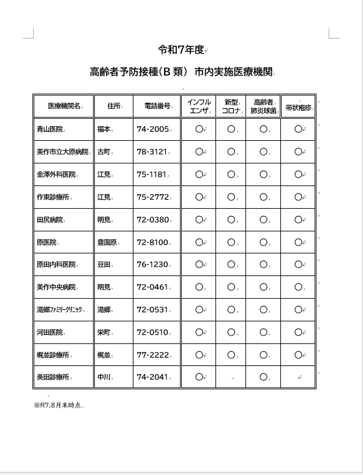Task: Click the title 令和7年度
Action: pyautogui.click(x=181, y=50)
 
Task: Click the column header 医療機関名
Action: pyautogui.click(x=64, y=106)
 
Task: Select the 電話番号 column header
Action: pyautogui.click(x=157, y=106)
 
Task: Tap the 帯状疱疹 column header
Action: pyautogui.click(x=298, y=107)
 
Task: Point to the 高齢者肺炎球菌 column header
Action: pyautogui.click(x=263, y=106)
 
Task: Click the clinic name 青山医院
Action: pyautogui.click(x=50, y=129)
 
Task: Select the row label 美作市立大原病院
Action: pyautogui.click(x=62, y=152)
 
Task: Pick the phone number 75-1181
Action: pyautogui.click(x=151, y=174)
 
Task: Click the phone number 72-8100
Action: pyautogui.click(x=152, y=242)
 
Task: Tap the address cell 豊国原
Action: pyautogui.click(x=107, y=242)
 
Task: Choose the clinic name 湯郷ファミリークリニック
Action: pyautogui.click(x=59, y=310)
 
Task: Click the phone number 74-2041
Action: pyautogui.click(x=152, y=377)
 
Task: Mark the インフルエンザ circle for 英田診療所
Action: pyautogui.click(x=199, y=377)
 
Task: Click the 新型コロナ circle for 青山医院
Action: pyautogui.click(x=231, y=129)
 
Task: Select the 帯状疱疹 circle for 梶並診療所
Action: pyautogui.click(x=298, y=354)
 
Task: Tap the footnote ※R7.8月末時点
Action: pyautogui.click(x=58, y=405)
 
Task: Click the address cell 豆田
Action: pyautogui.click(x=103, y=265)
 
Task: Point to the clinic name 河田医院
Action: pyautogui.click(x=50, y=333)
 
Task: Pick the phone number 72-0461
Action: pyautogui.click(x=152, y=287)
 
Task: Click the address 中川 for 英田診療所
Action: pyautogui.click(x=103, y=377)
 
